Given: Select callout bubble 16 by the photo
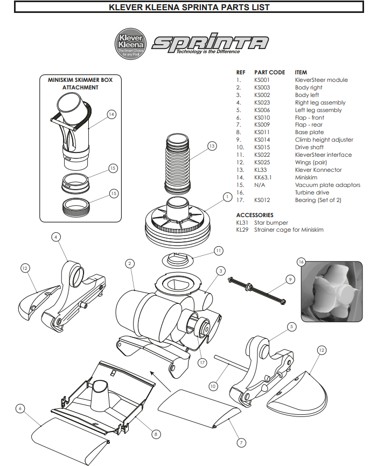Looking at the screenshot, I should click(x=301, y=261).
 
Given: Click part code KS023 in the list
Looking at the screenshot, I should click(x=262, y=102).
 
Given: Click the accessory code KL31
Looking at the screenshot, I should click(x=242, y=222).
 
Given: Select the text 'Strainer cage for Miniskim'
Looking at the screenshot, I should click(x=289, y=230).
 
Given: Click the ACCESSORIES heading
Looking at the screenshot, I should click(x=255, y=215).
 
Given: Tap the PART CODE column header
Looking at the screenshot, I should click(x=269, y=72).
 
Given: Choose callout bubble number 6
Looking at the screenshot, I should click(x=20, y=408).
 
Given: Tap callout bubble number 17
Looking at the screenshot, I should click(x=202, y=363).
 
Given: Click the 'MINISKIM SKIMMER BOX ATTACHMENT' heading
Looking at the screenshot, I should click(x=80, y=83).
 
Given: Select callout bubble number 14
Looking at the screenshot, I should click(x=111, y=114).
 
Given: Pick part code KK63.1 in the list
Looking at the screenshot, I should click(x=263, y=177).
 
